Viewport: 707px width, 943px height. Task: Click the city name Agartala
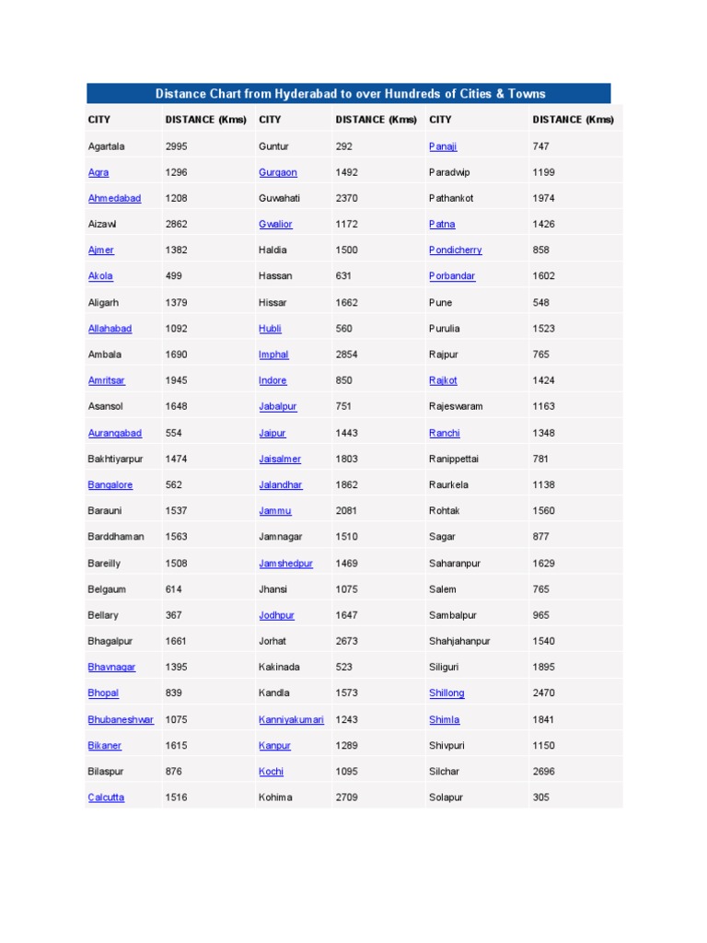(107, 146)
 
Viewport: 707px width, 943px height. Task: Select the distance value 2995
(176, 146)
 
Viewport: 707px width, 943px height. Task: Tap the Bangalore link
(110, 484)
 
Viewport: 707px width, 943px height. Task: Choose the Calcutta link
(106, 797)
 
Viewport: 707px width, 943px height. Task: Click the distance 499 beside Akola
(173, 276)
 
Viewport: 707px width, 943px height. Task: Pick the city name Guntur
(273, 146)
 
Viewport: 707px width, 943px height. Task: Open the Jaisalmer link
(280, 459)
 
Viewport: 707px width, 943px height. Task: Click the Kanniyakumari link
(291, 719)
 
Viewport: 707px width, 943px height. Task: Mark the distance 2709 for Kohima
(347, 797)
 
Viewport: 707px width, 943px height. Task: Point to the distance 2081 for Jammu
(347, 511)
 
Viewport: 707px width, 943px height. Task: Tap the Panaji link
(443, 146)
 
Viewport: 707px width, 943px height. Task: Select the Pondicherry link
(455, 250)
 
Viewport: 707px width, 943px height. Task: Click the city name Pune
(441, 302)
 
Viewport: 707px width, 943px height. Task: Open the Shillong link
(446, 693)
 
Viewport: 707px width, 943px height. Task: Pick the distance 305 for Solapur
(540, 797)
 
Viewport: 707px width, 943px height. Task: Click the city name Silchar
(444, 772)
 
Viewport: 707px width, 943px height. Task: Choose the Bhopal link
(103, 693)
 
